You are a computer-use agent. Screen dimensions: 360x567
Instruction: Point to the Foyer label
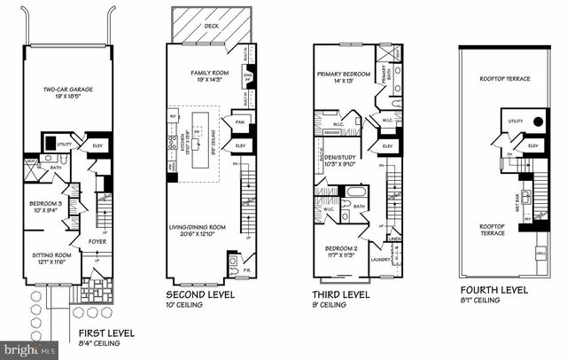click(x=97, y=240)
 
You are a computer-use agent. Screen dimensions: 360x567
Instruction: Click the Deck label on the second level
click(x=210, y=27)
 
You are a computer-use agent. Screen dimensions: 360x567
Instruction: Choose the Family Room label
click(x=210, y=73)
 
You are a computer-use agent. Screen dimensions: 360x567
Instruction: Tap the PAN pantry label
click(x=240, y=121)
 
